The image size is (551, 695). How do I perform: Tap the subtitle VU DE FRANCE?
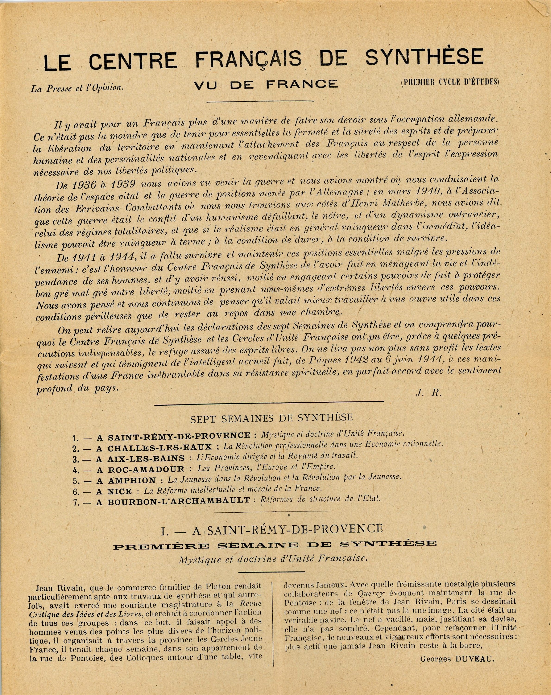point(266,85)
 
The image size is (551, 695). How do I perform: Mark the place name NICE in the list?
point(120,491)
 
